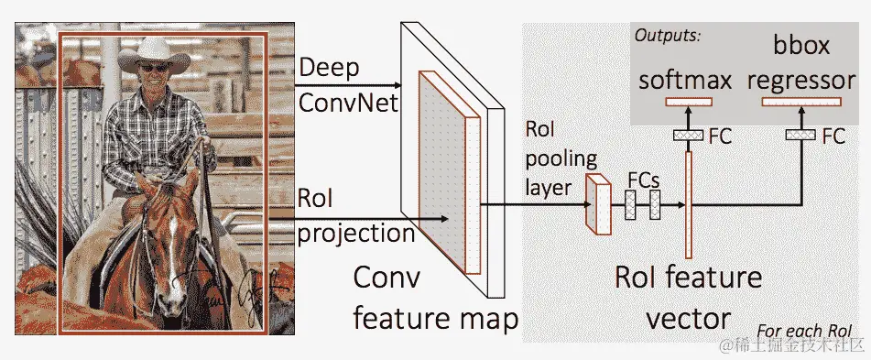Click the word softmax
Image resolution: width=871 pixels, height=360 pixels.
(686, 80)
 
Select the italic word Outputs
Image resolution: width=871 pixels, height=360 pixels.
(668, 37)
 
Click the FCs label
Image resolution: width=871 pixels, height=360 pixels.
(644, 180)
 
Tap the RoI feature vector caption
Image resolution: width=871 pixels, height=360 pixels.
(689, 296)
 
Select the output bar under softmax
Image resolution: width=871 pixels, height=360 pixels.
(686, 101)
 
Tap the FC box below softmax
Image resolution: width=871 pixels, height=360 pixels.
(686, 136)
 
